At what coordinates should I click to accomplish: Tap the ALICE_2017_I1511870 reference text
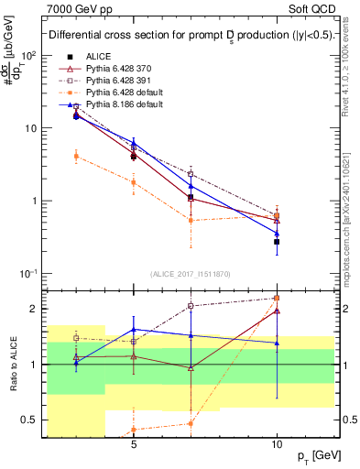click(191, 274)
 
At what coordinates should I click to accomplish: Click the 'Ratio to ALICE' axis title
click(14, 362)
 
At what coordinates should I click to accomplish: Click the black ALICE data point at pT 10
click(277, 242)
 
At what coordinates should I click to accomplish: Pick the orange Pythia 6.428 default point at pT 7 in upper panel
click(191, 220)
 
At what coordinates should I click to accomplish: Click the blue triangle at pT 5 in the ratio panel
click(134, 329)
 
